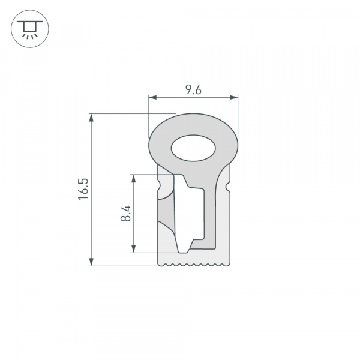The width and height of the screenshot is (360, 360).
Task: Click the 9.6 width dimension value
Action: [193, 89]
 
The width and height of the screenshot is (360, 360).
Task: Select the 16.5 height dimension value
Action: [83, 189]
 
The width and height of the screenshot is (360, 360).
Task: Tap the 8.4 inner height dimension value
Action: [125, 213]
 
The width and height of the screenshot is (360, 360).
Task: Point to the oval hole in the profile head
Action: [193, 148]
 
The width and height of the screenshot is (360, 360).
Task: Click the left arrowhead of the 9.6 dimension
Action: [152, 97]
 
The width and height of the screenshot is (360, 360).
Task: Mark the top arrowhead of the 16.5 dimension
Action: [91, 117]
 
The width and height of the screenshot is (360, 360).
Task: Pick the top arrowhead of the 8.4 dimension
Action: [134, 178]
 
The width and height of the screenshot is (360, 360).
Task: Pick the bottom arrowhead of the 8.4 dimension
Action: [134, 248]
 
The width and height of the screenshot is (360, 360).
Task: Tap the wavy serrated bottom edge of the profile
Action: [193, 264]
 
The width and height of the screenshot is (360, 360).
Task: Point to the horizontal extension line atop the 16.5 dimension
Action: [132, 113]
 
